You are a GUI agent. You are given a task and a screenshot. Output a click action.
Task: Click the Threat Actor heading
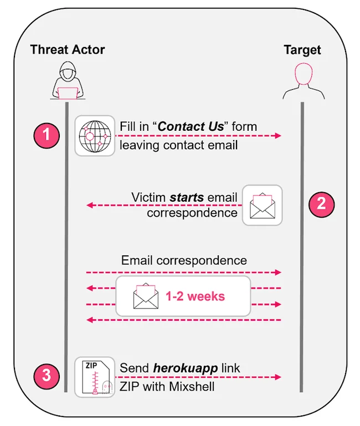point(68,49)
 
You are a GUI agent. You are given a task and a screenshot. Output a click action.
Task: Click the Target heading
point(302,49)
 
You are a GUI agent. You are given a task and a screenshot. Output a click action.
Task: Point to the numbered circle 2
point(321,204)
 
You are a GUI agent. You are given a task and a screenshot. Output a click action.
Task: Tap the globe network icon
point(95,136)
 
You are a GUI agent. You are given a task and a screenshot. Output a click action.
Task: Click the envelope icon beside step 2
point(263,205)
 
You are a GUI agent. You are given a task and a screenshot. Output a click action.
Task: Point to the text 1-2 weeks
point(195,296)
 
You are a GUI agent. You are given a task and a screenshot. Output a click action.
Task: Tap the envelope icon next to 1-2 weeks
point(146,296)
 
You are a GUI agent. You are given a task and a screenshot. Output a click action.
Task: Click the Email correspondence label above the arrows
point(184,260)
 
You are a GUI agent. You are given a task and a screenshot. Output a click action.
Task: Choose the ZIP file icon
point(95,377)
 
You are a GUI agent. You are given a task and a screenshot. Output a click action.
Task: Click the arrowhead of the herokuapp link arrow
point(279,377)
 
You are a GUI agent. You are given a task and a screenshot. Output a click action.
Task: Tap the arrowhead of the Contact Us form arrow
point(279,136)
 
